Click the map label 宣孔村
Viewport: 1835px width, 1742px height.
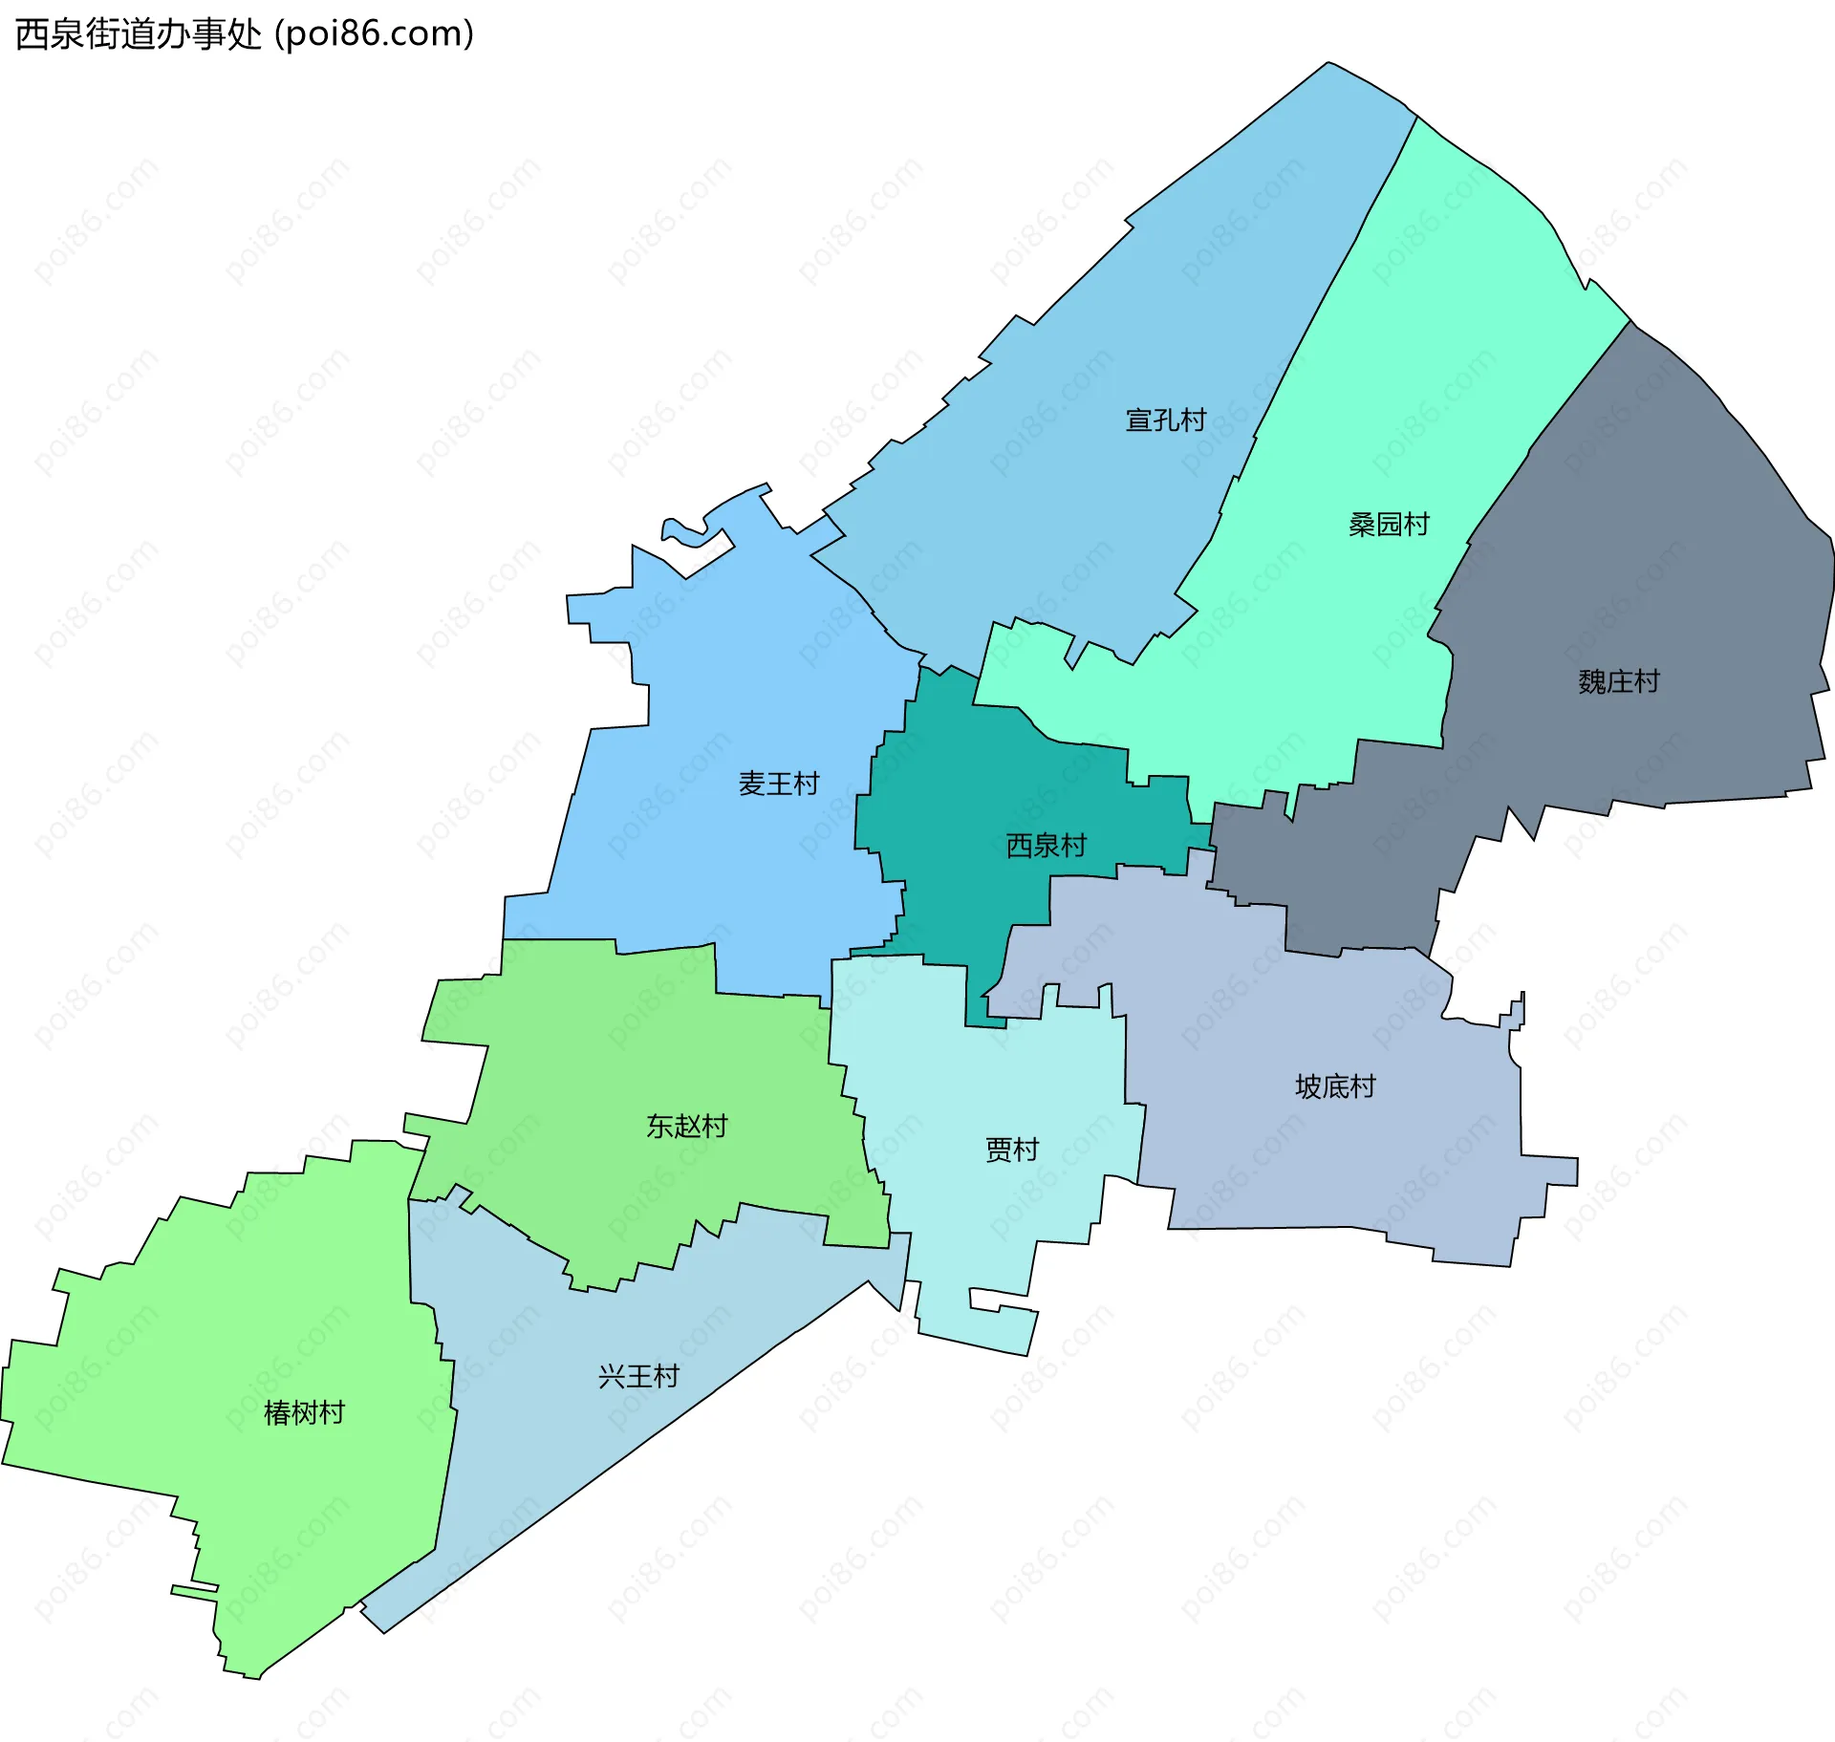coord(1165,420)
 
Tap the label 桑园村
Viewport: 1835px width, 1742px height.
coord(1388,525)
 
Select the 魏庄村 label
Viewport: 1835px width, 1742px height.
coord(1618,682)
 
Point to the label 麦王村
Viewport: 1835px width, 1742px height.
coord(779,785)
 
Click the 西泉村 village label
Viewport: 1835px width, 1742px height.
coord(1046,846)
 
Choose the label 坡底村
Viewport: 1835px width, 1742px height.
coord(1334,1087)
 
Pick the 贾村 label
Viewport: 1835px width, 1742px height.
coord(1011,1150)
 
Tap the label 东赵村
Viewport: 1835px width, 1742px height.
coord(686,1127)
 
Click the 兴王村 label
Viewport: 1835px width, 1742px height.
coord(638,1377)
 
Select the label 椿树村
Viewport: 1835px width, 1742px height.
coord(304,1413)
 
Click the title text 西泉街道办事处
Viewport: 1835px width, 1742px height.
coord(139,34)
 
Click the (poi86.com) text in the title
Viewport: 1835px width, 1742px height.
coord(375,34)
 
